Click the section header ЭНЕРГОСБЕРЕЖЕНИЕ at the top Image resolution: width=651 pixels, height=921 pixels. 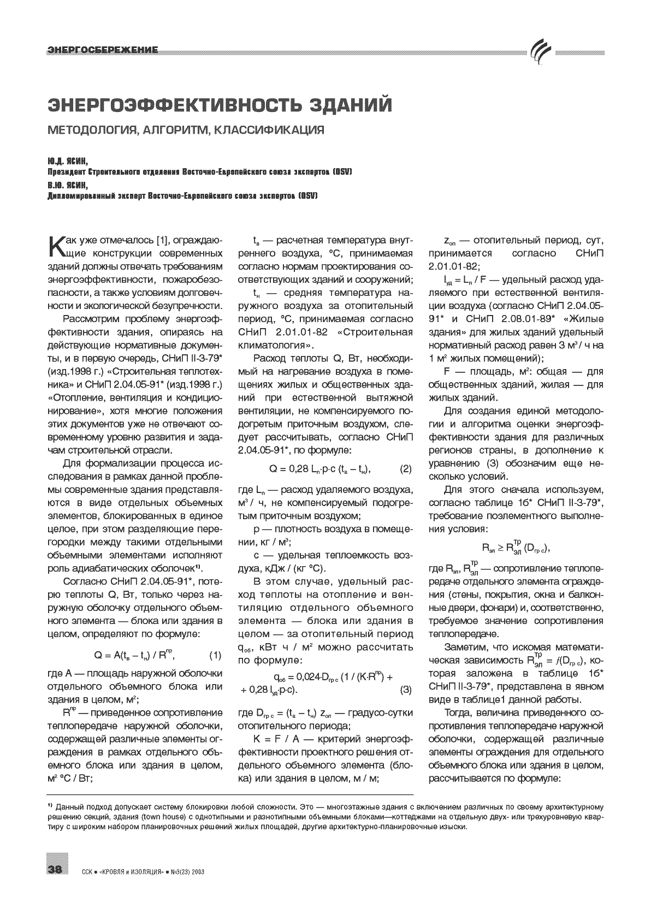[103, 50]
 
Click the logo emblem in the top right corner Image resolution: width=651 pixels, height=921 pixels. [542, 52]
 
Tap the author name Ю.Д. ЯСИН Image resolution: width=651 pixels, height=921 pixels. [67, 162]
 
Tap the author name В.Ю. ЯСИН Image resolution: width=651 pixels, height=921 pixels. [67, 185]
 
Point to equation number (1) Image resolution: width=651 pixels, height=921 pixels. [215, 655]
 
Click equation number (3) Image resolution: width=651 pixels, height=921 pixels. [406, 690]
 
